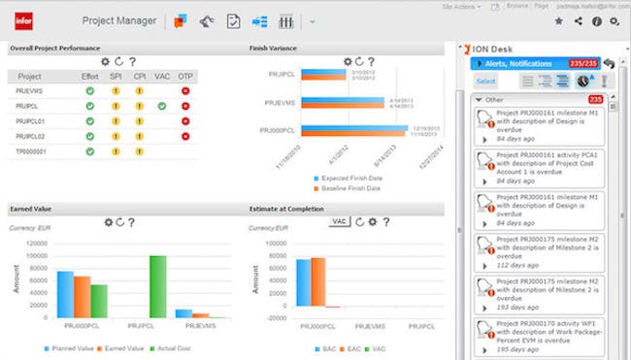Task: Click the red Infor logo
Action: tap(22, 18)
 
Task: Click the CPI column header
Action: tap(139, 76)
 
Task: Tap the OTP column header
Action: tap(184, 76)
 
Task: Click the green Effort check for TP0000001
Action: tap(89, 151)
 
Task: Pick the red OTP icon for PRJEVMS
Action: tap(184, 91)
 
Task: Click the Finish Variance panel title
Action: tap(274, 48)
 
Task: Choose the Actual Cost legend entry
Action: tap(170, 346)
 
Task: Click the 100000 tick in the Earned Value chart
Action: tap(34, 256)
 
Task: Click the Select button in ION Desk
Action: tap(485, 82)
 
